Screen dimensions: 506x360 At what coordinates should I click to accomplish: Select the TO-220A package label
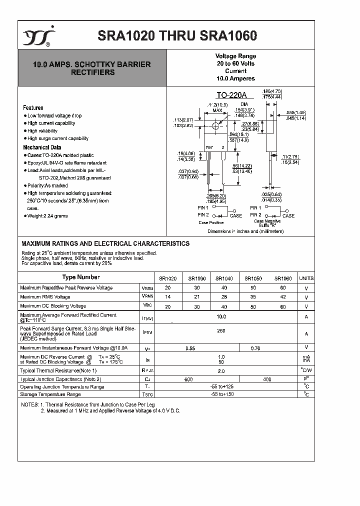pos(229,95)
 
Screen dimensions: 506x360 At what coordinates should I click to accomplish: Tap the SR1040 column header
pos(224,278)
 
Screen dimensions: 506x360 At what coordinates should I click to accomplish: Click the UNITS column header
pos(306,278)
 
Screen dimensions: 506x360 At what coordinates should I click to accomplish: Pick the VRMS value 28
pos(224,297)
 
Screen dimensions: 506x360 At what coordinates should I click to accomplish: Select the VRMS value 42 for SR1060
pos(283,297)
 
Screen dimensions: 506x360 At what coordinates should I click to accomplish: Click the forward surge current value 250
pos(221,331)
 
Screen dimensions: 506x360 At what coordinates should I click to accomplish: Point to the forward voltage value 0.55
pos(190,347)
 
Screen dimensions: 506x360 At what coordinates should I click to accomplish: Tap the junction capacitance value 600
pos(188,379)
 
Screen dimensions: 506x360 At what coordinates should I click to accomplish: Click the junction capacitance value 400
pos(267,379)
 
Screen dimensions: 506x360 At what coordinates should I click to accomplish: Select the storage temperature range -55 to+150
pos(221,394)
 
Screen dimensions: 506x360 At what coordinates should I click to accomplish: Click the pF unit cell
pos(306,379)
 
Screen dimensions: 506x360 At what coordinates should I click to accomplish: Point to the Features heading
pos(33,108)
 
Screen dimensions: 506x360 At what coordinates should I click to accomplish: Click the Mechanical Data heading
pos(42,147)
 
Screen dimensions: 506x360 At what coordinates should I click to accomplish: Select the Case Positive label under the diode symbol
pos(210,222)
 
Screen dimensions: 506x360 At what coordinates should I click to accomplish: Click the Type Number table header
pos(81,277)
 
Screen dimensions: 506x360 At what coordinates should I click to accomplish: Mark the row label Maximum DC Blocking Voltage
pos(53,306)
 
